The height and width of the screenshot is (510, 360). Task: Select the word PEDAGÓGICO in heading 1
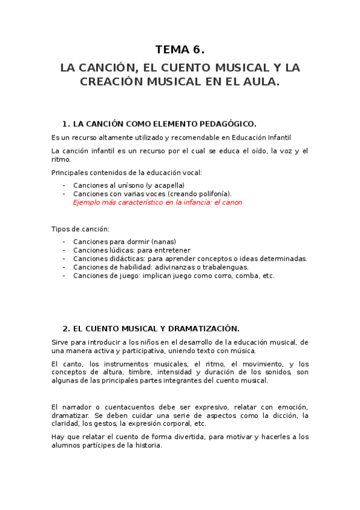[224, 124]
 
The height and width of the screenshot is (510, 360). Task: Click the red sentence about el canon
[157, 202]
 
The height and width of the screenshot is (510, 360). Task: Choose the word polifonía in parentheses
[212, 194]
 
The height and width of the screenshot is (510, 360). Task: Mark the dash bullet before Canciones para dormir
[64, 241]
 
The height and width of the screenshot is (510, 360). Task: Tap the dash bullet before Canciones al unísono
[64, 185]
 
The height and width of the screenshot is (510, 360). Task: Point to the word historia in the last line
[148, 446]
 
